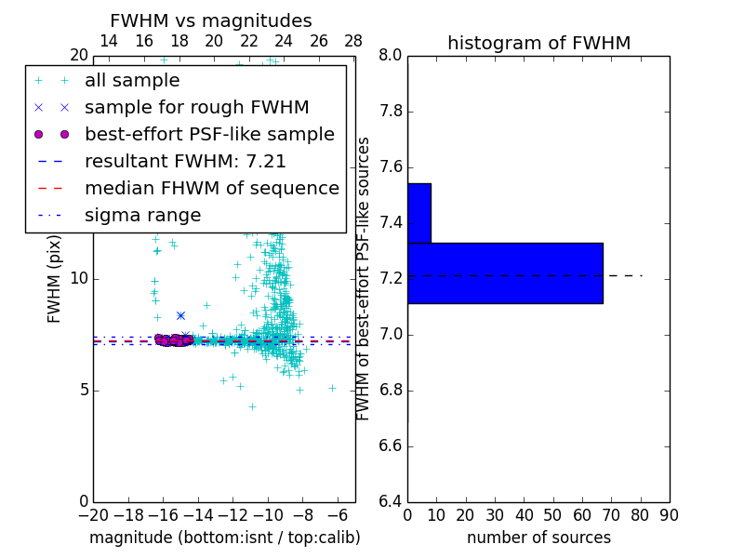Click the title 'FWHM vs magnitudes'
pos(211,20)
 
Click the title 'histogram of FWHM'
pos(538,43)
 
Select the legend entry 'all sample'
pos(132,81)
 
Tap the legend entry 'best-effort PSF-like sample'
pos(209,134)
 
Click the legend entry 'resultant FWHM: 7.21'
pos(185,161)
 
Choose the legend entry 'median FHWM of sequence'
pos(211,188)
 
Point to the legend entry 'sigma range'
pos(142,215)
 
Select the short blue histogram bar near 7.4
pos(418,213)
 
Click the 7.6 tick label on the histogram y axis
pos(390,167)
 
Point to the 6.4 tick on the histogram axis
pos(390,502)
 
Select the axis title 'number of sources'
pos(538,538)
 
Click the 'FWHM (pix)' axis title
pos(55,278)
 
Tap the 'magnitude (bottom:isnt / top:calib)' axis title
pos(224,538)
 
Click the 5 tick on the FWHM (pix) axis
pos(82,390)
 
